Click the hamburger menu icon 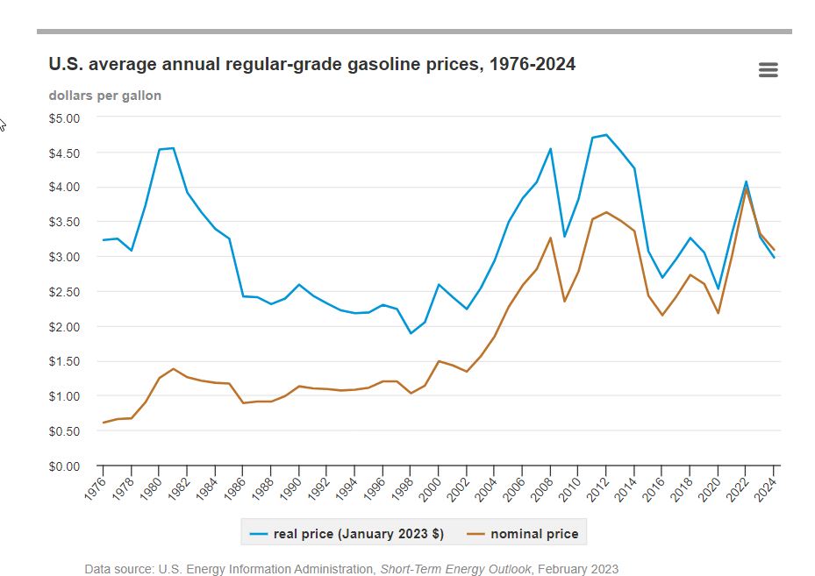click(768, 70)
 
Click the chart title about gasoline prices click(312, 64)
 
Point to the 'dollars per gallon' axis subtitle click(104, 96)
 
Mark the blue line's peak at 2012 click(606, 135)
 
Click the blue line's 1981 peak click(173, 148)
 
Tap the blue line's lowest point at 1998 click(411, 333)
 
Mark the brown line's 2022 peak click(746, 188)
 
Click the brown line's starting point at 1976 click(103, 423)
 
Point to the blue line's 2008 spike click(550, 149)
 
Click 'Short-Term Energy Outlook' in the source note click(455, 569)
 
